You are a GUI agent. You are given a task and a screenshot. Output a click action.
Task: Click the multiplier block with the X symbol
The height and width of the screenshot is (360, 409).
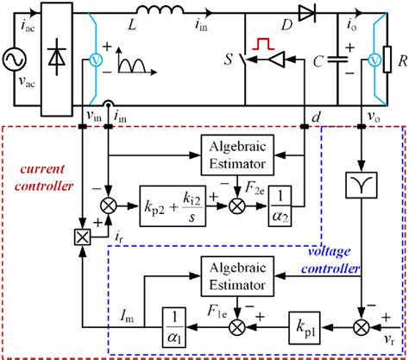(83, 236)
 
